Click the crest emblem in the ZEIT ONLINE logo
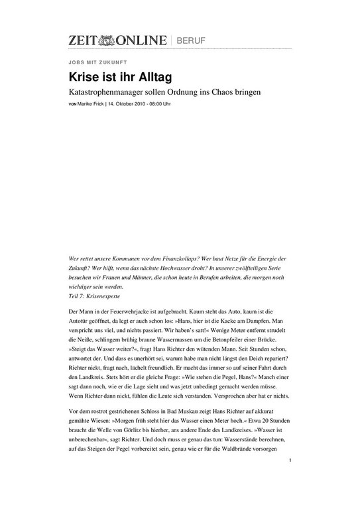pos(108,40)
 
